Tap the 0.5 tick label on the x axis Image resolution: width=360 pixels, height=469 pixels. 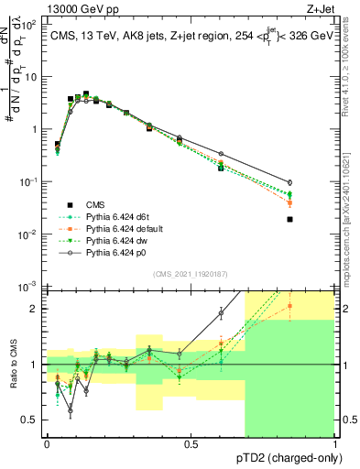pyautogui.click(x=191, y=443)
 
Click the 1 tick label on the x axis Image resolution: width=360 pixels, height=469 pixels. pyautogui.click(x=334, y=443)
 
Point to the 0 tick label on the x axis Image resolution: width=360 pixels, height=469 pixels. pyautogui.click(x=47, y=443)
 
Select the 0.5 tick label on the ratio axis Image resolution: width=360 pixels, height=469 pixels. pyautogui.click(x=30, y=420)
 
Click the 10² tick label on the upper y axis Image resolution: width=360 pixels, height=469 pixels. pyautogui.click(x=29, y=25)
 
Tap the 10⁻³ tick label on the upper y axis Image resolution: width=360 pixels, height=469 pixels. pyautogui.click(x=29, y=288)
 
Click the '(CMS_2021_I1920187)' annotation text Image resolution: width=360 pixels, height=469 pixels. pyautogui.click(x=191, y=274)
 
